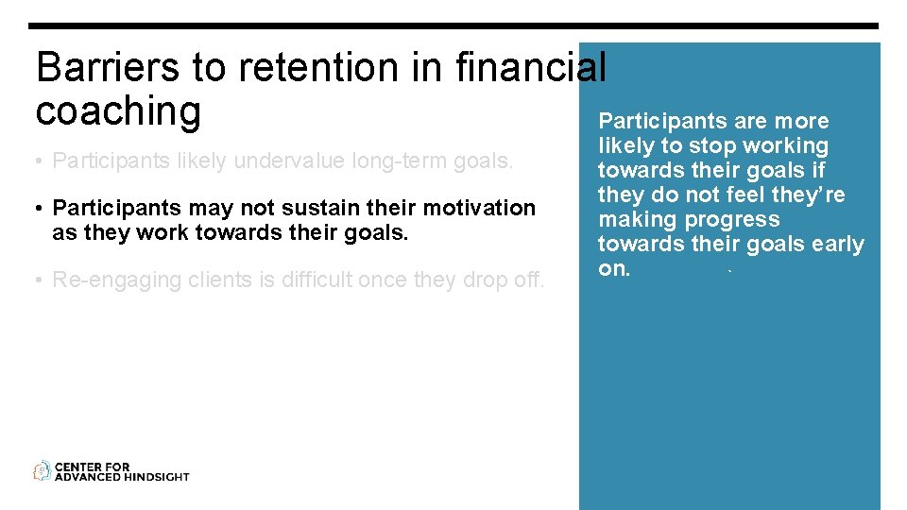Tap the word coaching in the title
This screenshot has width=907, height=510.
(118, 111)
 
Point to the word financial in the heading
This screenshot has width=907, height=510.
(529, 68)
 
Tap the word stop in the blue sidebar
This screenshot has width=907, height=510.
(693, 145)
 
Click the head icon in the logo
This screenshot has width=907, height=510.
(42, 471)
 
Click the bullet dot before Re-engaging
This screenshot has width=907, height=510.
(41, 280)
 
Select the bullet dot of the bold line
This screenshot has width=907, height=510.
(41, 208)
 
